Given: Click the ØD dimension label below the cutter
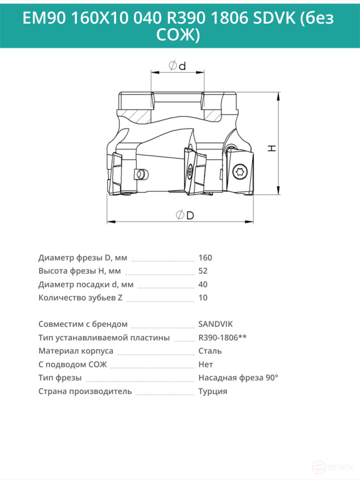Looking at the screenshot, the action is tap(185, 215).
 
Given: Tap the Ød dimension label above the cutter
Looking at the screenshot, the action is tap(177, 66).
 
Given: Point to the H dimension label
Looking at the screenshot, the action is tap(272, 148).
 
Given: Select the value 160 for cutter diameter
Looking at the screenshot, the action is tap(205, 258).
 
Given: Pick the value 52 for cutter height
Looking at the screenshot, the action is tap(203, 271).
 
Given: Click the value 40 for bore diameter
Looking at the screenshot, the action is tap(203, 284).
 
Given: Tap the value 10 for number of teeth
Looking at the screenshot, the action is tap(203, 298).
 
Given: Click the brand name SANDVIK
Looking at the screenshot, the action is tap(215, 324).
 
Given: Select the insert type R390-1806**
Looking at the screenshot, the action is tap(222, 338).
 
